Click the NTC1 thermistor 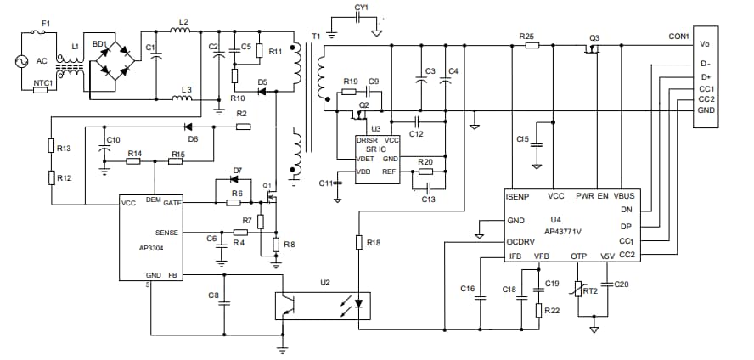[40, 89]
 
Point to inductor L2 [181, 32]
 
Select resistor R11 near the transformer [259, 50]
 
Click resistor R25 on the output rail [532, 44]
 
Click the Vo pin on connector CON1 [705, 43]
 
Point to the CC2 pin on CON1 [706, 99]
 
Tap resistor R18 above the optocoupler [359, 242]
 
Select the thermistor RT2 [580, 290]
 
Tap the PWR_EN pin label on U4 [592, 196]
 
